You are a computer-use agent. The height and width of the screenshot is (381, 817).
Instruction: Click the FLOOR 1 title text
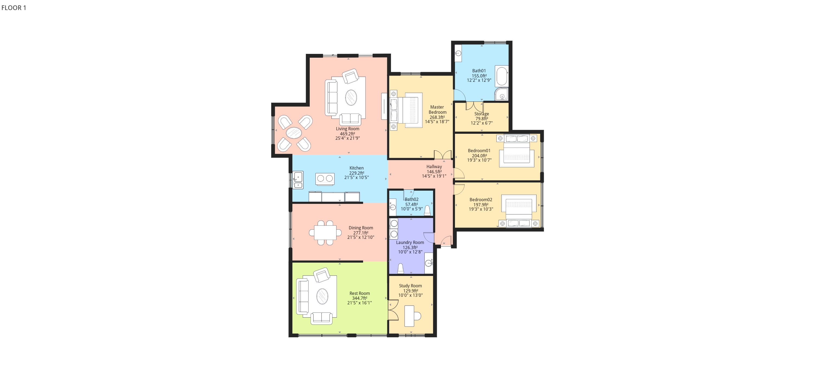point(14,8)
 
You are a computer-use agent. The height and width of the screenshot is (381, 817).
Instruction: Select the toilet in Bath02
point(428,210)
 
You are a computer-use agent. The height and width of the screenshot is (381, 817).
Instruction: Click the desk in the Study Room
point(409,316)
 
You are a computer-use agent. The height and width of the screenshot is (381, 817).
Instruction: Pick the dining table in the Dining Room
point(325,233)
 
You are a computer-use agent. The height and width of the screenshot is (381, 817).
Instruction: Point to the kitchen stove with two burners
point(325,179)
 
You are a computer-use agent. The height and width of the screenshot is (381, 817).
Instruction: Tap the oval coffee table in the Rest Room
point(322,296)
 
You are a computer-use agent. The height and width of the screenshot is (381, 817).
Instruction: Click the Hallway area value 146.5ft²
point(434,172)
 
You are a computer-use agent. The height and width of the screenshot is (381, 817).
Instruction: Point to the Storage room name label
point(482,114)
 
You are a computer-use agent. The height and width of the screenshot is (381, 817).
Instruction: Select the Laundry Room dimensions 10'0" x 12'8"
point(410,252)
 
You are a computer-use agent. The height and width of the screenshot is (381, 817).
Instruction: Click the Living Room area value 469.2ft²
point(348,134)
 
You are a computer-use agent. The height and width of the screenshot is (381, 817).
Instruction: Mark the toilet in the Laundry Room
point(401,268)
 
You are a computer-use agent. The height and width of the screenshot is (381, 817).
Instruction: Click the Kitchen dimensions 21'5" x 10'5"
point(357,178)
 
